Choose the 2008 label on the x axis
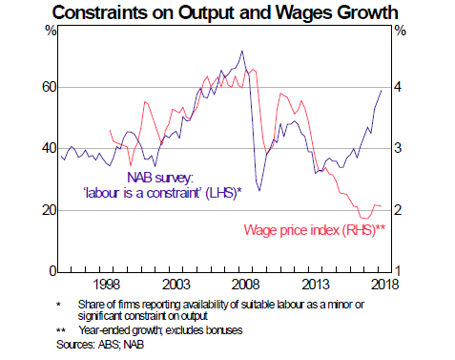point(247,285)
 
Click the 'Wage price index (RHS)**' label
point(314,230)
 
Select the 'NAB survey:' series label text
point(159,177)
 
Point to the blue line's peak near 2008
point(241,51)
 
